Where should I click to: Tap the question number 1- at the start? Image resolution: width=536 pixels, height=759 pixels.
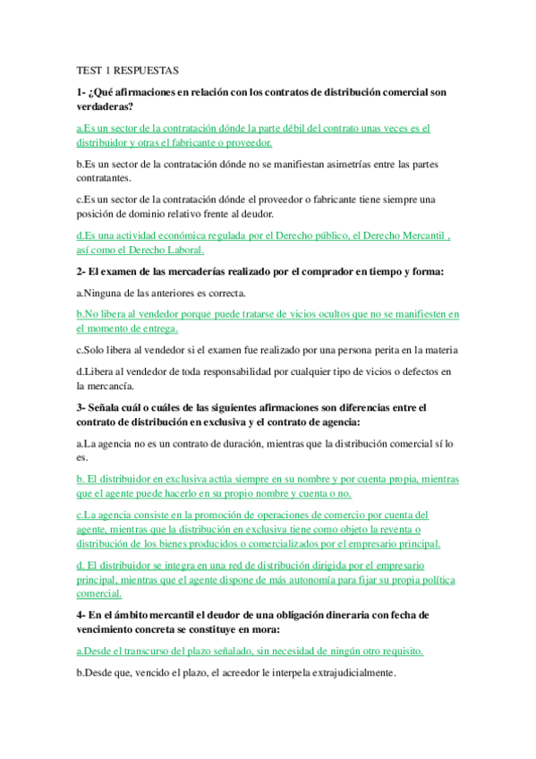[81, 92]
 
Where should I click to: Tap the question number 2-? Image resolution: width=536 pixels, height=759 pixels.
[81, 271]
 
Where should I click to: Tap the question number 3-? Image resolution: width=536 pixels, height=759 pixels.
[81, 407]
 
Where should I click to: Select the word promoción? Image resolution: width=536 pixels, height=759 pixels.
[196, 515]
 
